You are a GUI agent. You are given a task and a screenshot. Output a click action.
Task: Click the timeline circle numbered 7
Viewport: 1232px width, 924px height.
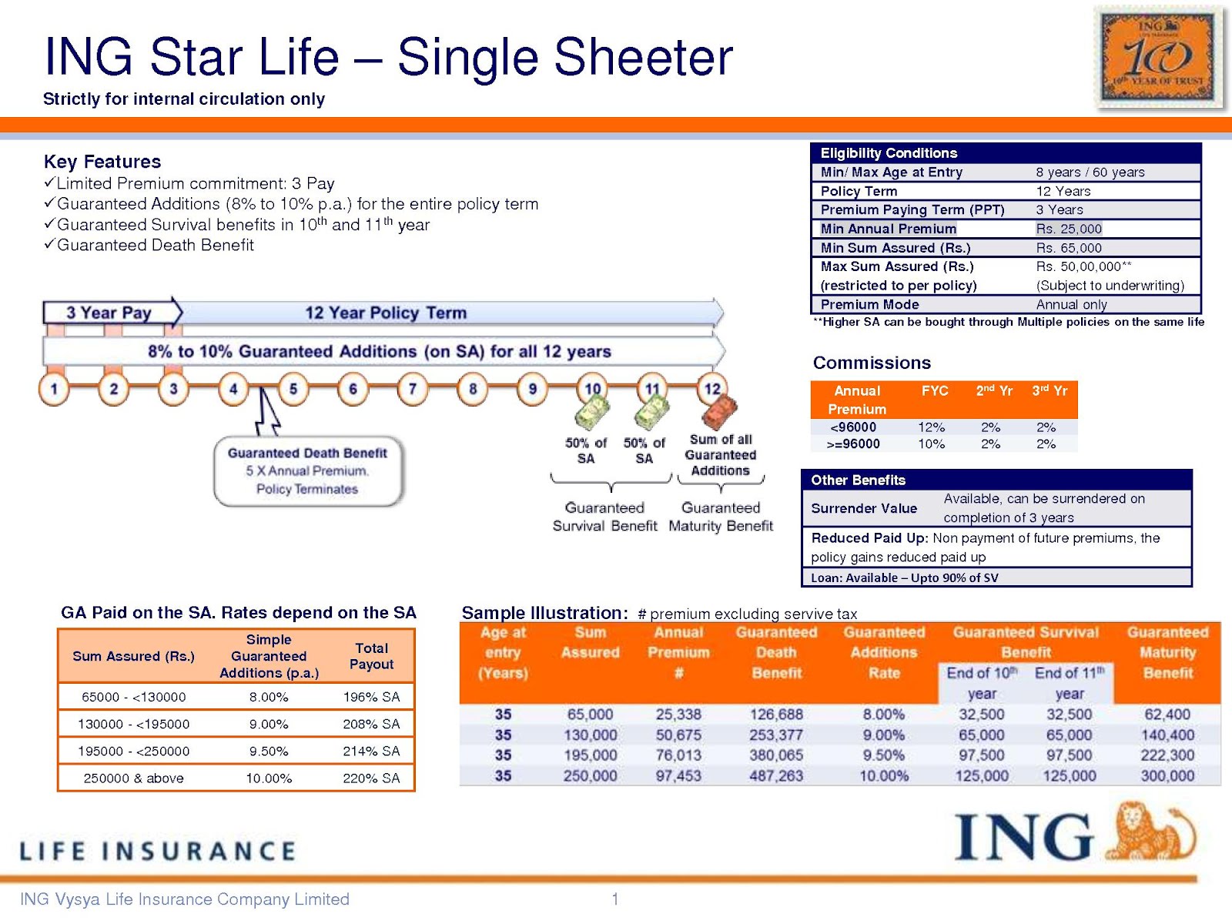pyautogui.click(x=413, y=389)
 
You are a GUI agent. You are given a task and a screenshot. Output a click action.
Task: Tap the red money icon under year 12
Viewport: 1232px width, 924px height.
pyautogui.click(x=718, y=412)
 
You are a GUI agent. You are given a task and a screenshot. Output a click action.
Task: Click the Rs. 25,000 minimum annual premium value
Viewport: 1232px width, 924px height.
pyautogui.click(x=1069, y=229)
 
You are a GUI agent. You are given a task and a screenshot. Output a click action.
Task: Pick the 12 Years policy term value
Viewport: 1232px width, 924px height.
pyautogui.click(x=1063, y=191)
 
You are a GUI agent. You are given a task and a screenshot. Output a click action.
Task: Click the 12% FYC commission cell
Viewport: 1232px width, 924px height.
pyautogui.click(x=931, y=427)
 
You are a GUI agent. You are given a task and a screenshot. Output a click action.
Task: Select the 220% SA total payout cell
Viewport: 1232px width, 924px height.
pyautogui.click(x=371, y=778)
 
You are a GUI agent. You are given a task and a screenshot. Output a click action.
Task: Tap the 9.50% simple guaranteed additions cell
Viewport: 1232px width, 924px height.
pyautogui.click(x=269, y=751)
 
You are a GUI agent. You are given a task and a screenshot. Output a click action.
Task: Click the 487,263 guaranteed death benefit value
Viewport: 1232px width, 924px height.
pyautogui.click(x=776, y=775)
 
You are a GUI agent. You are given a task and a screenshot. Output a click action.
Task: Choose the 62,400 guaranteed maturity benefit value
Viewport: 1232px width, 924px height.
pyautogui.click(x=1167, y=715)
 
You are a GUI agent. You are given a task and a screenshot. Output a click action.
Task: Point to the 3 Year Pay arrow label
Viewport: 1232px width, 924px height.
pyautogui.click(x=109, y=313)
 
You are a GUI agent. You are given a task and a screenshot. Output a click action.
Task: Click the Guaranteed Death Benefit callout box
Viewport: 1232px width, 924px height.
pyautogui.click(x=308, y=471)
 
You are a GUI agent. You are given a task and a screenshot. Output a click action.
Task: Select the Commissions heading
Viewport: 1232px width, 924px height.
pyautogui.click(x=872, y=363)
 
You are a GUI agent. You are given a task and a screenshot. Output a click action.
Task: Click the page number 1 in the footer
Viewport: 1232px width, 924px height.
pyautogui.click(x=615, y=899)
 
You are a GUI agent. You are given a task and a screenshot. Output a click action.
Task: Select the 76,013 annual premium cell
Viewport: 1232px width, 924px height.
pyautogui.click(x=678, y=755)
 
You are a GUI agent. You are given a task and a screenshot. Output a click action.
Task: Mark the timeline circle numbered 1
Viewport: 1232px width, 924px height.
pyautogui.click(x=54, y=389)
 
